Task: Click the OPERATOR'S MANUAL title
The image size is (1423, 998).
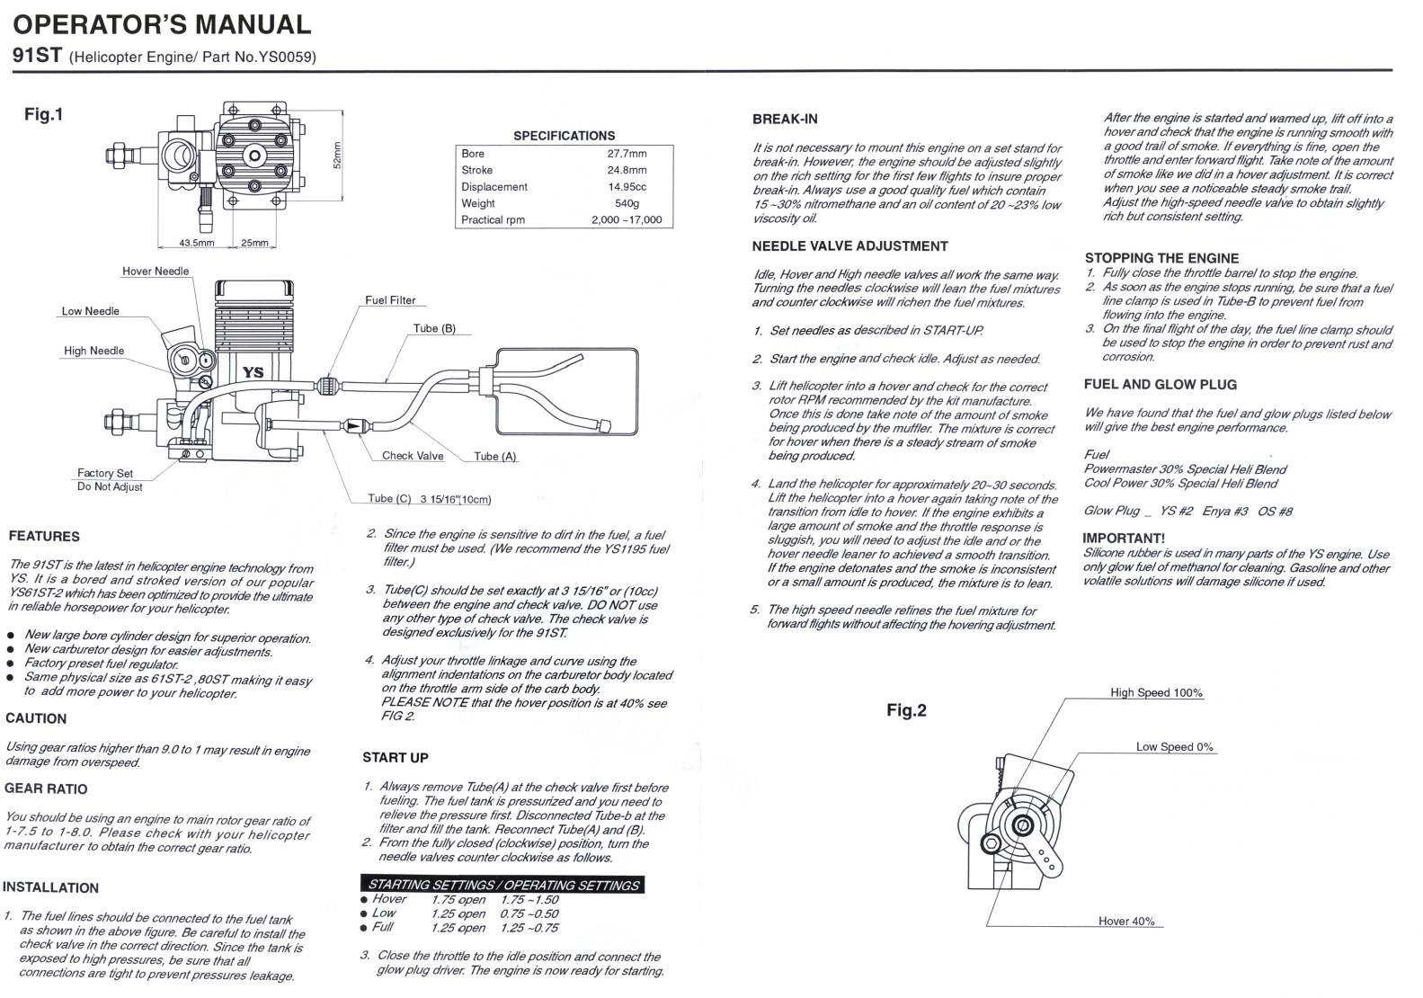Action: [162, 24]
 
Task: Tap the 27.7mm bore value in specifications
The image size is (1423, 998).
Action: [627, 154]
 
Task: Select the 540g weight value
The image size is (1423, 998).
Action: [627, 203]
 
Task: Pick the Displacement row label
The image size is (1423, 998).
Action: [494, 187]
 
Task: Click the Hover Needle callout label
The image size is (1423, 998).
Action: [156, 272]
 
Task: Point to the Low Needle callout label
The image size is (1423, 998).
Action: [90, 311]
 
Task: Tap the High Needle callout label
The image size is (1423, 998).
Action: [93, 351]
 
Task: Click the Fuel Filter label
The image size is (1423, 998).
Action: [390, 300]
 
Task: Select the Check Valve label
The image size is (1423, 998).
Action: [413, 456]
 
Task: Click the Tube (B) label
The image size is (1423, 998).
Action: [434, 328]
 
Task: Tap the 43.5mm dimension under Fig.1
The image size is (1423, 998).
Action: [197, 244]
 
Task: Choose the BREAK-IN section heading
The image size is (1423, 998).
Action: [785, 119]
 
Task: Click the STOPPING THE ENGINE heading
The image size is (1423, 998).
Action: [1161, 258]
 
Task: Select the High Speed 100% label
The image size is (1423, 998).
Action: [1156, 693]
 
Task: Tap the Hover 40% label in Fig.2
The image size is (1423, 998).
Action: [1126, 922]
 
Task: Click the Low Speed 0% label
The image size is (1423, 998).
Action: [1174, 747]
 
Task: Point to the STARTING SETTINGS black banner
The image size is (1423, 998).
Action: [502, 885]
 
